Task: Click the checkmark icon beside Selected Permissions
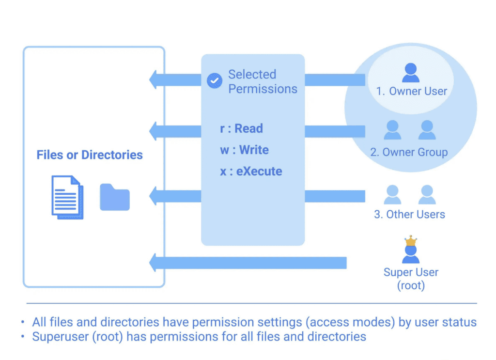(x=214, y=81)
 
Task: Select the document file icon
(x=67, y=197)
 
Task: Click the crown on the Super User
(x=411, y=241)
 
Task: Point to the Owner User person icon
(x=411, y=73)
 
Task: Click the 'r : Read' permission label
(x=241, y=129)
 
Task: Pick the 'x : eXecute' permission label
(x=251, y=172)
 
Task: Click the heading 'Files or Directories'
(x=90, y=155)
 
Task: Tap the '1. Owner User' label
(x=411, y=91)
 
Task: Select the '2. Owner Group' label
(x=409, y=152)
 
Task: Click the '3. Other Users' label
(x=409, y=214)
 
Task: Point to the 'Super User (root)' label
(x=411, y=279)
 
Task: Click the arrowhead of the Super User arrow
(x=155, y=263)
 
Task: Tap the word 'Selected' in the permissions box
(x=252, y=75)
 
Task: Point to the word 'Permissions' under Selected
(x=263, y=89)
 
